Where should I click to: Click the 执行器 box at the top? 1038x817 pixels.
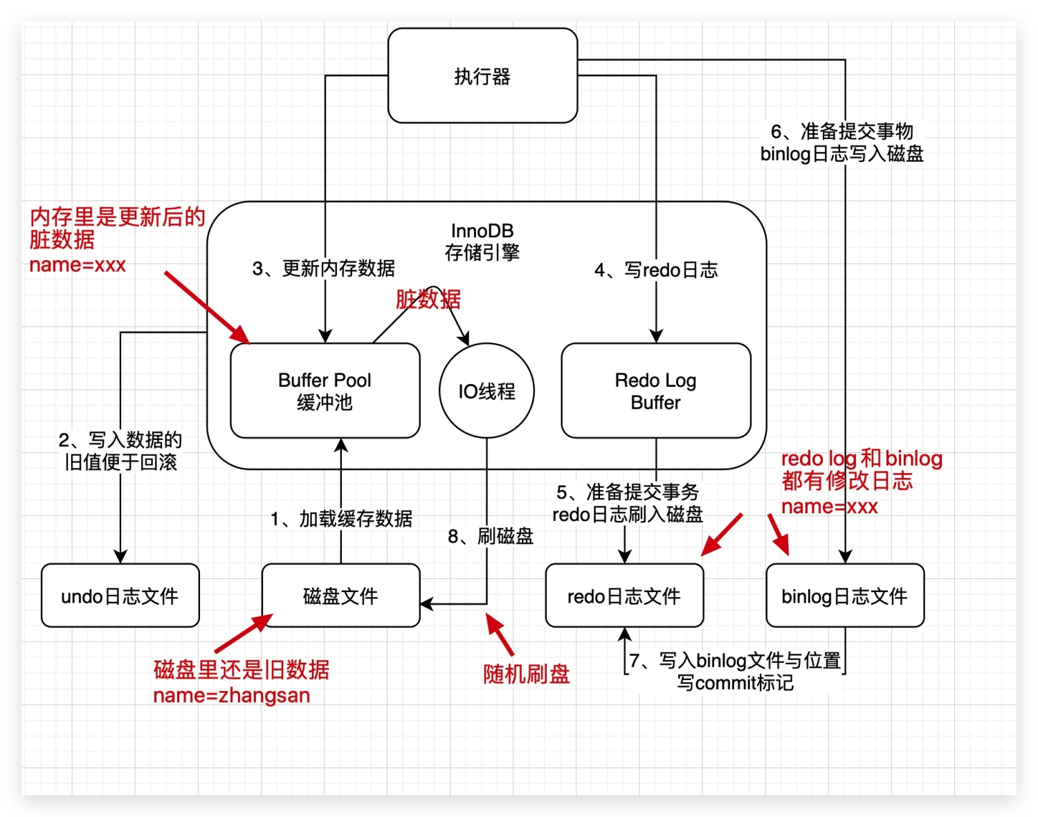pyautogui.click(x=482, y=76)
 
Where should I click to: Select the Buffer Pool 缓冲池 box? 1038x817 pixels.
pyautogui.click(x=325, y=391)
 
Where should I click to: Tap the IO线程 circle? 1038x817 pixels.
pyautogui.click(x=486, y=391)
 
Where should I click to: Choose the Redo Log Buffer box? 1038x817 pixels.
pyautogui.click(x=655, y=391)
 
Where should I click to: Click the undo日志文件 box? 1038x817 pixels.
pyautogui.click(x=120, y=596)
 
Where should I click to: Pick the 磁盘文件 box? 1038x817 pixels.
pyautogui.click(x=340, y=596)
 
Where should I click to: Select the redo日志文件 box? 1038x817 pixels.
pyautogui.click(x=624, y=596)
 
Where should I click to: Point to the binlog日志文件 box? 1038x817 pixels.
pyautogui.click(x=844, y=596)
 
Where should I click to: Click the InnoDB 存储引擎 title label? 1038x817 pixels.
pyautogui.click(x=482, y=241)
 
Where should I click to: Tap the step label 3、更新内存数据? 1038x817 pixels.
pyautogui.click(x=324, y=268)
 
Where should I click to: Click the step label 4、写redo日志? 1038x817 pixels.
pyautogui.click(x=656, y=270)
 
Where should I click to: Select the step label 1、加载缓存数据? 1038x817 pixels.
pyautogui.click(x=341, y=518)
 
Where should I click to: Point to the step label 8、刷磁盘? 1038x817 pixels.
pyautogui.click(x=491, y=536)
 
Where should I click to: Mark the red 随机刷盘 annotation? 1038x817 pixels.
pyautogui.click(x=526, y=673)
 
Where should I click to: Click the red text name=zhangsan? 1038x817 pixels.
pyautogui.click(x=231, y=695)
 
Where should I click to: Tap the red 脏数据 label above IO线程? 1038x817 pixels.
pyautogui.click(x=428, y=300)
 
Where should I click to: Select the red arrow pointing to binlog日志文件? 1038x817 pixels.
pyautogui.click(x=778, y=534)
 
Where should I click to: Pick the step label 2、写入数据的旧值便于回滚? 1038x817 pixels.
pyautogui.click(x=120, y=451)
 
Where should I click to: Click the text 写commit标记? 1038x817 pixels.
pyautogui.click(x=735, y=683)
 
